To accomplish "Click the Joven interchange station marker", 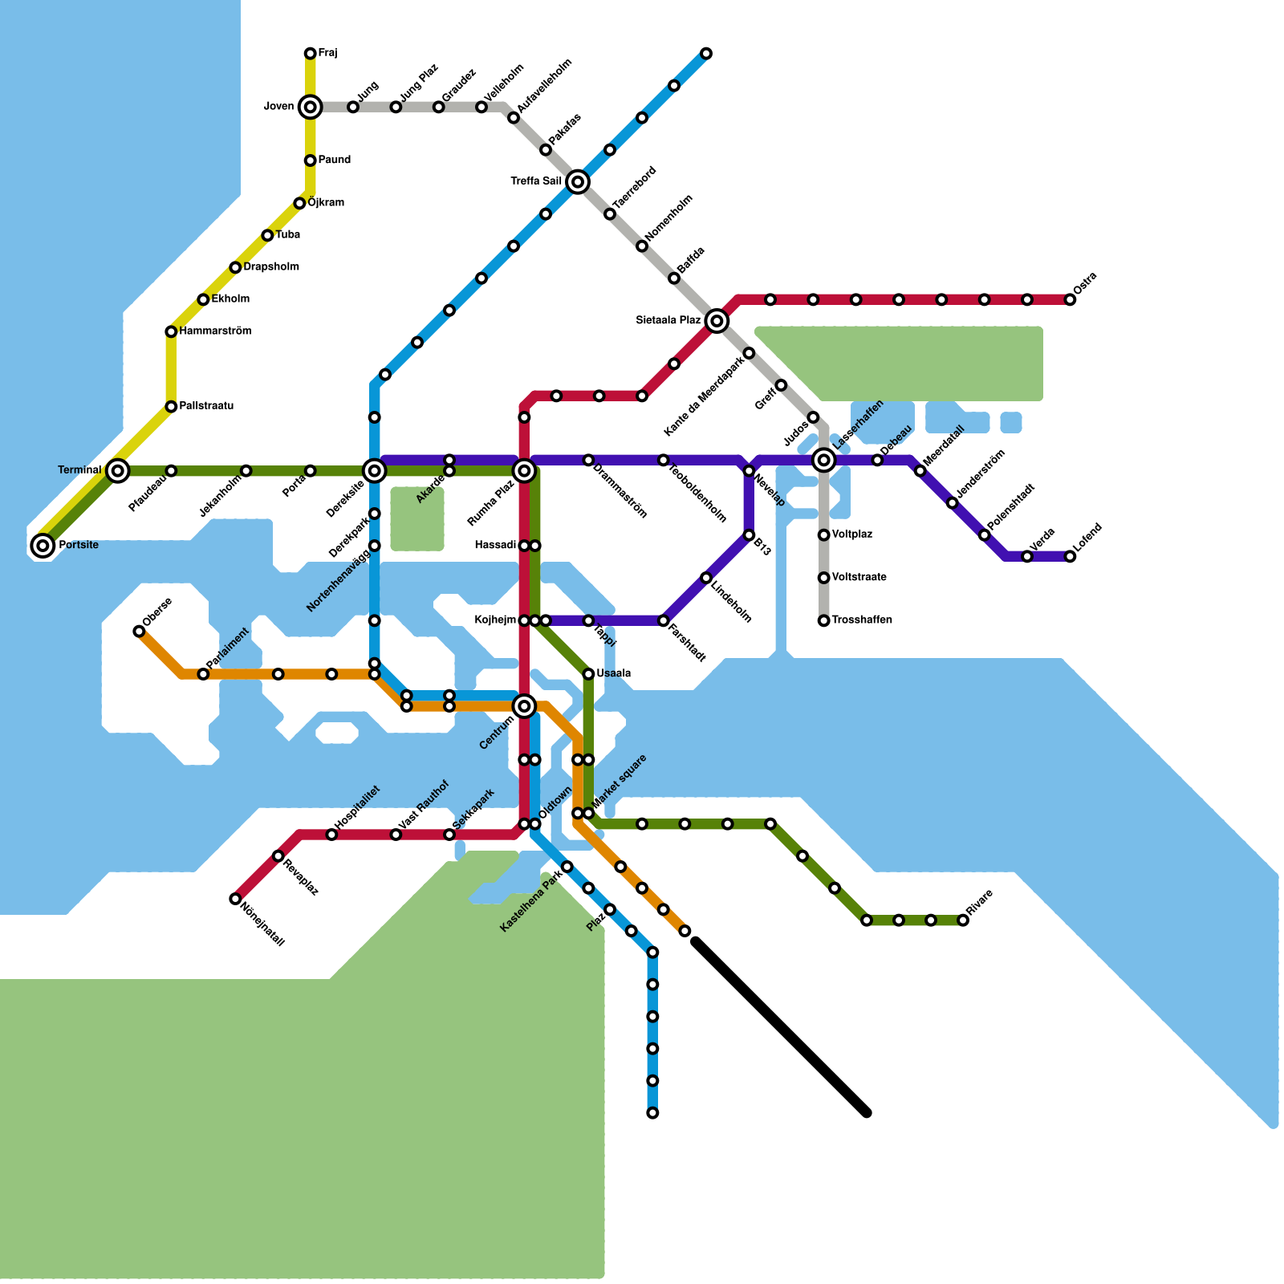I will (311, 107).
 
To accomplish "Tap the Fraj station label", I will (327, 54).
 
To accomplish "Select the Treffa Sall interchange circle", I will (578, 182).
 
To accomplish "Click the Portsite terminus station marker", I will (43, 546).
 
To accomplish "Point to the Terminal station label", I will (79, 469).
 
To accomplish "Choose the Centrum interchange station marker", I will (524, 706).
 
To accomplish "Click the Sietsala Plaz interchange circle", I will (717, 321).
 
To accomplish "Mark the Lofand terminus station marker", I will (1070, 557).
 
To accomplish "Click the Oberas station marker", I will (139, 632).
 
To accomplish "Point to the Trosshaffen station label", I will (862, 620).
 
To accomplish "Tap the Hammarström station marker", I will (171, 331).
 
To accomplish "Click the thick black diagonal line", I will (781, 1028).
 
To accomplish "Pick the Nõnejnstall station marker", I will (235, 899).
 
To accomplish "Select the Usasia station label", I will (614, 673).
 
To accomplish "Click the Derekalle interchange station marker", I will (374, 471).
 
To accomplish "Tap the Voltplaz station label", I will (852, 534).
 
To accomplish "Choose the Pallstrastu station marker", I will (171, 407).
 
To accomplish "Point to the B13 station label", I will (762, 550).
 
